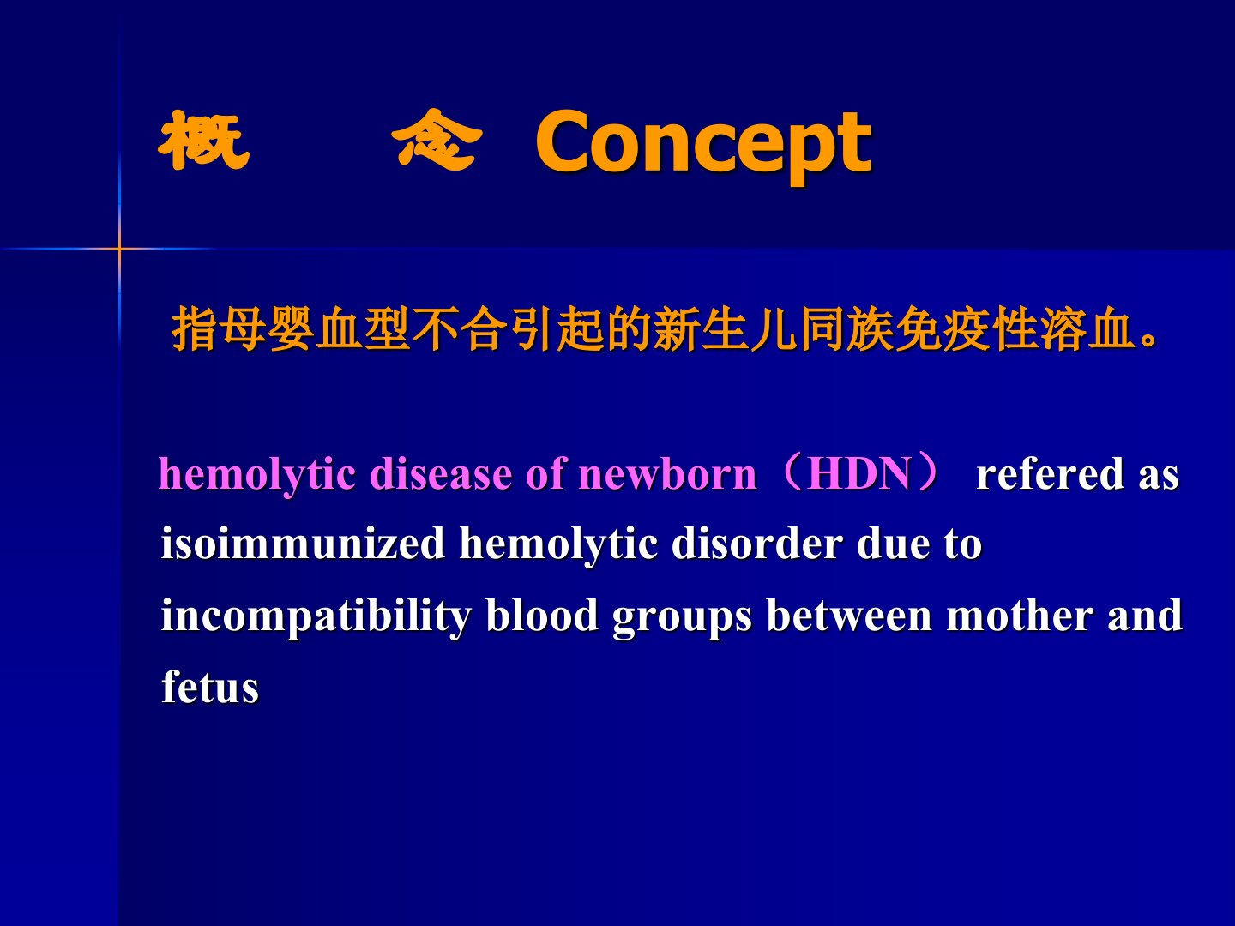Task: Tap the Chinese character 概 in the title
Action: (x=203, y=141)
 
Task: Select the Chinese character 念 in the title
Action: (x=437, y=140)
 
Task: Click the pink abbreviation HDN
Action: (x=858, y=474)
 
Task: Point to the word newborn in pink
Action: (x=667, y=474)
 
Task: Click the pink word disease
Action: (x=441, y=474)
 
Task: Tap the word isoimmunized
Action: (x=304, y=544)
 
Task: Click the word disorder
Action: (x=756, y=544)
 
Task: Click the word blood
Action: (x=542, y=615)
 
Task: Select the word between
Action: (x=849, y=615)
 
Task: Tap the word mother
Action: (x=1020, y=615)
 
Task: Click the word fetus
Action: (x=210, y=687)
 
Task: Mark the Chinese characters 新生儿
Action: (x=726, y=329)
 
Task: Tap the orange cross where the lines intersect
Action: (x=119, y=248)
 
